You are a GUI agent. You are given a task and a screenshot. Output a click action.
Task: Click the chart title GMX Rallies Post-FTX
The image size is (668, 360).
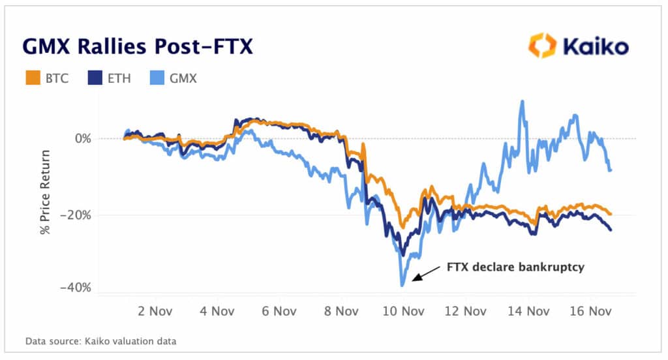coord(138,46)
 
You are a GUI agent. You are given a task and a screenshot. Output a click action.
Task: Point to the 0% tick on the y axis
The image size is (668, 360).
coord(82,139)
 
